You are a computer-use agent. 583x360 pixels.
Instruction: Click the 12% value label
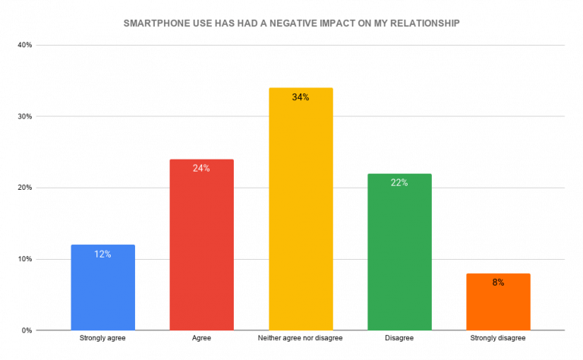102,254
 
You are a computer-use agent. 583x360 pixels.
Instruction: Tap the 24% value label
201,169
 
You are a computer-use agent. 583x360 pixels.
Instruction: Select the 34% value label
301,97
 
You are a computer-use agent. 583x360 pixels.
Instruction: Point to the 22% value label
399,183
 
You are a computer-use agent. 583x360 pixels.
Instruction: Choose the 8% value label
498,283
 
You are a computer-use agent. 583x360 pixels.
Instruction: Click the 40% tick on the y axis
24,46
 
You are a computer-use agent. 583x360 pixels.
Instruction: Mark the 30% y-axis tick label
24,117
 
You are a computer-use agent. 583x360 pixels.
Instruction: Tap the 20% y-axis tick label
24,188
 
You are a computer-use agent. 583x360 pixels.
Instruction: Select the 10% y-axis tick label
24,259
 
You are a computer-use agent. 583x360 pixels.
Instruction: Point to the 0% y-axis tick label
27,330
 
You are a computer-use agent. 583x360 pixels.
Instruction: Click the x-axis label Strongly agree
102,338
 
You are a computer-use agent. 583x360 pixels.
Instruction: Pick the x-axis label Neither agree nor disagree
301,338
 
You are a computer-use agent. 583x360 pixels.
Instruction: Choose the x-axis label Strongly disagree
498,338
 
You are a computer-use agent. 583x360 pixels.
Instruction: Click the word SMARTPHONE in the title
156,24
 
